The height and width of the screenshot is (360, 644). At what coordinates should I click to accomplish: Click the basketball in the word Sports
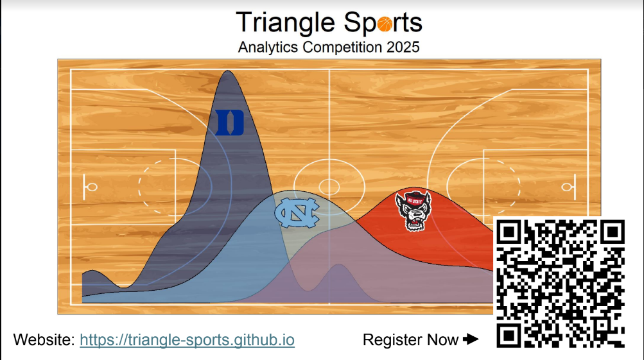click(385, 24)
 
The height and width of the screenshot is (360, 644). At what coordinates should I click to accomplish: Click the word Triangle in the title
click(286, 23)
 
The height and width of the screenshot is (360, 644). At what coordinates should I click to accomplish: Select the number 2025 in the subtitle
click(403, 47)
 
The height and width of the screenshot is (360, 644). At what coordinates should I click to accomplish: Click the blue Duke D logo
click(230, 123)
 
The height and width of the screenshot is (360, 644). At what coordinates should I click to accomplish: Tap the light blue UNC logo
click(297, 212)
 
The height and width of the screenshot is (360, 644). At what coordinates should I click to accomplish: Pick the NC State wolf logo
click(413, 211)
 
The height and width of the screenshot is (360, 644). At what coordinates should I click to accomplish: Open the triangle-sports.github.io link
click(187, 340)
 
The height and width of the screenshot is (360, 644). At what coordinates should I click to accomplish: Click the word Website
click(44, 340)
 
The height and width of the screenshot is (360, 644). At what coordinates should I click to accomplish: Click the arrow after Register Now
click(471, 339)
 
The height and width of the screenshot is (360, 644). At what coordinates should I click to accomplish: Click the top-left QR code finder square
click(509, 232)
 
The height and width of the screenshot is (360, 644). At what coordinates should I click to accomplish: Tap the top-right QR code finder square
click(613, 232)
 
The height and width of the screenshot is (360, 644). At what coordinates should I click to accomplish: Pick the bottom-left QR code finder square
click(509, 336)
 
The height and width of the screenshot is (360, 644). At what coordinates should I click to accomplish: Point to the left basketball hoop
click(92, 187)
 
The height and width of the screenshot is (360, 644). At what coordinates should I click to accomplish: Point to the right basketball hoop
click(567, 187)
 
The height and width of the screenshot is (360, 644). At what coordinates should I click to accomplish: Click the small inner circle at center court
click(329, 187)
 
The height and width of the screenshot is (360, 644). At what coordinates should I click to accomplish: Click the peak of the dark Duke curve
click(227, 71)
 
